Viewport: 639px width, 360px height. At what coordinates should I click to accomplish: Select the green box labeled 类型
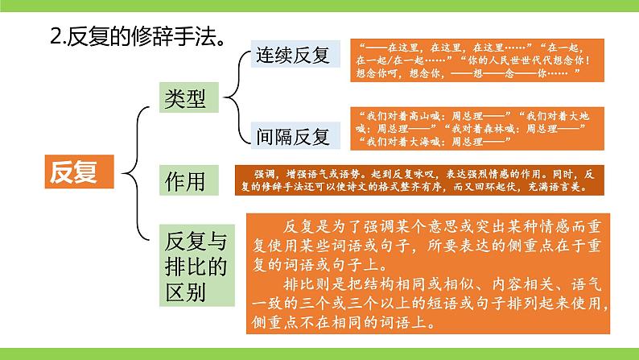(184, 98)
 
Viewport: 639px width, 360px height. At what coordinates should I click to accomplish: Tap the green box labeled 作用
(184, 180)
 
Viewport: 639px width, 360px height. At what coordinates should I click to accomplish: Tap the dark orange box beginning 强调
(417, 180)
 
